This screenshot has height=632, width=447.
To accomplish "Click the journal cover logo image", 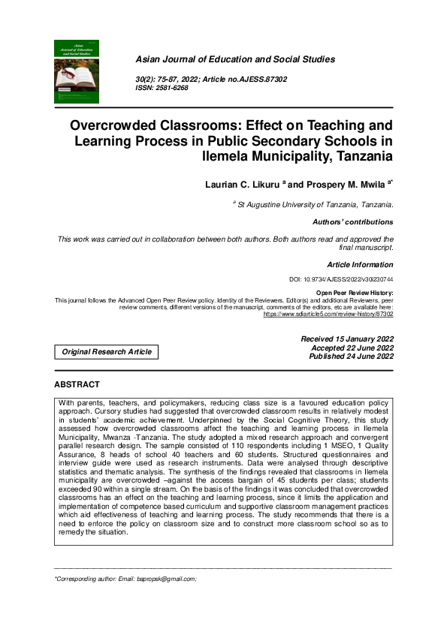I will pos(77,71).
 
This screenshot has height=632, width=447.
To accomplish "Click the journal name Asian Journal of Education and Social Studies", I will pos(234,59).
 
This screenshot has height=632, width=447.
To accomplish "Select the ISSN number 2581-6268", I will pos(173,88).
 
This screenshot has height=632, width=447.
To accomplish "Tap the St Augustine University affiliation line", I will pos(314,204).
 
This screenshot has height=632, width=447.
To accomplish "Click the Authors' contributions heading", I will pos(352,222).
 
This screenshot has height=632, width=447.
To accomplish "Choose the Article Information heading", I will pos(360,264).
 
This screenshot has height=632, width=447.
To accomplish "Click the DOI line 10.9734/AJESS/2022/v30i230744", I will pos(341,279).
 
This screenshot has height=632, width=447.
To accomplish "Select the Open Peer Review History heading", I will pos(355,293).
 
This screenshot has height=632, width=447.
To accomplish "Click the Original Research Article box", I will pos(107,351).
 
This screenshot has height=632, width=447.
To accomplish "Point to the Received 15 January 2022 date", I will pos(346,339).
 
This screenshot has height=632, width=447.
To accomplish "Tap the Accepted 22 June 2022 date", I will pos(352,348).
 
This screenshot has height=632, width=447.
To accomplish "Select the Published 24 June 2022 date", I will pos(351,357).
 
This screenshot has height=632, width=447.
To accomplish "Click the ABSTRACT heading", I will pos(77,384).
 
